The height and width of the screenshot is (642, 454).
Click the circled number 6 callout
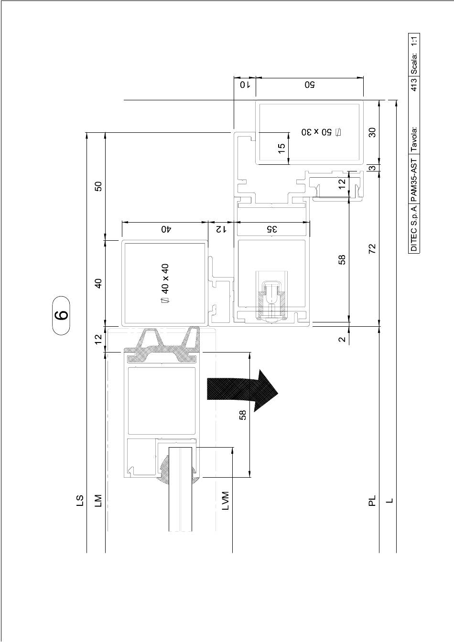pyautogui.click(x=61, y=315)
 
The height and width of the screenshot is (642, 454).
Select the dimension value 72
pyautogui.click(x=372, y=248)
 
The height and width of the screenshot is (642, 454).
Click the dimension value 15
pyautogui.click(x=282, y=148)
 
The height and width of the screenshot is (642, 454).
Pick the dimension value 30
pyautogui.click(x=372, y=132)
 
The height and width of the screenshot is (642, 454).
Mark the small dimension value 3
pyautogui.click(x=372, y=168)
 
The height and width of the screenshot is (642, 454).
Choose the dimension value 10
pyautogui.click(x=245, y=85)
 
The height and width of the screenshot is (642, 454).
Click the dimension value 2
pyautogui.click(x=342, y=339)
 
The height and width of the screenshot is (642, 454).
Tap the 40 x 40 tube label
pyautogui.click(x=165, y=283)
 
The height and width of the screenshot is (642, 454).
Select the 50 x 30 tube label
pyautogui.click(x=322, y=132)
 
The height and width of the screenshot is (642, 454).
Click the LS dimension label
pyautogui.click(x=80, y=501)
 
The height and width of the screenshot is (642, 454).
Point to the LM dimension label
pyautogui.click(x=98, y=501)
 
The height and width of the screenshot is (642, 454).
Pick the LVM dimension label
pyautogui.click(x=226, y=501)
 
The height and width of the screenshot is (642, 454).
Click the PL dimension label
pyautogui.click(x=372, y=501)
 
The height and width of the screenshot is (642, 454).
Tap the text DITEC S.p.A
pyautogui.click(x=414, y=228)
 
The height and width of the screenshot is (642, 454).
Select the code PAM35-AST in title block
pyautogui.click(x=414, y=180)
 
